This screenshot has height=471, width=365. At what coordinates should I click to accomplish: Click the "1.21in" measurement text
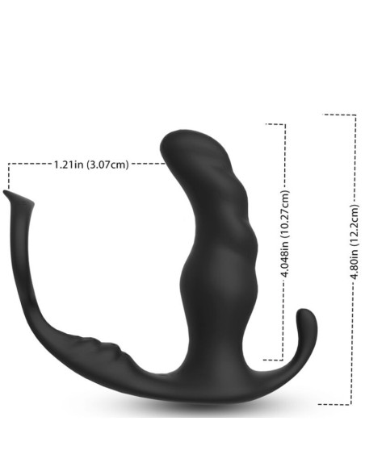(x=69, y=165)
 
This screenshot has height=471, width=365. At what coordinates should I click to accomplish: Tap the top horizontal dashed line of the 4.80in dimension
(x=338, y=115)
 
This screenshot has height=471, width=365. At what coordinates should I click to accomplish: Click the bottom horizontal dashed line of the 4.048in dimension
(x=275, y=359)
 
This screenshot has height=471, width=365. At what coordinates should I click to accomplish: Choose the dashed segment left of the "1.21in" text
(x=29, y=164)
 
